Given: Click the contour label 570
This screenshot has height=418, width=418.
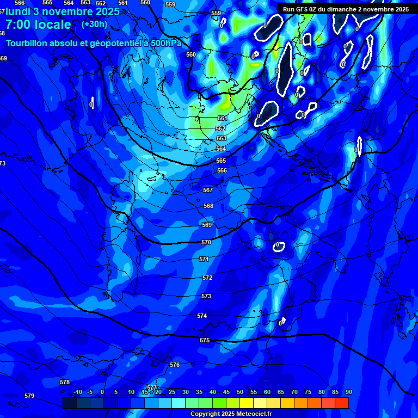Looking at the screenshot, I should (x=206, y=242).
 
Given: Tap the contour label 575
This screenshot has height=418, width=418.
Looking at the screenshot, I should (x=205, y=340).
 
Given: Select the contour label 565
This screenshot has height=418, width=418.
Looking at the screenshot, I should (x=220, y=161).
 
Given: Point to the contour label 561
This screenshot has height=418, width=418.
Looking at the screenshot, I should (x=222, y=118).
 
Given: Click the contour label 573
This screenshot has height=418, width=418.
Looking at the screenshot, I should (x=206, y=297).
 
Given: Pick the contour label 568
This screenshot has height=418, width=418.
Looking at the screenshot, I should (x=208, y=206).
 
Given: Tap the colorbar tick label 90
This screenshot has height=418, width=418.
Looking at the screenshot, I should (x=348, y=392).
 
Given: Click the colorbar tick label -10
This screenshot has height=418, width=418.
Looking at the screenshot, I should (x=77, y=392).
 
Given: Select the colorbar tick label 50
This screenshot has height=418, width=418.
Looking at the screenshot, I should (x=240, y=392).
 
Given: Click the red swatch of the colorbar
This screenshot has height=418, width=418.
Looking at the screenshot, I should (x=341, y=403).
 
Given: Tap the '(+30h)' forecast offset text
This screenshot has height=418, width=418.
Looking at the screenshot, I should (x=94, y=24).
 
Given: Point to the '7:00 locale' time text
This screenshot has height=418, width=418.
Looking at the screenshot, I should (x=38, y=24).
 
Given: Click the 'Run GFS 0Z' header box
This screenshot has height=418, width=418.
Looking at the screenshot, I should (x=346, y=9).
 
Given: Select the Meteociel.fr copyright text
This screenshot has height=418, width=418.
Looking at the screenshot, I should (x=231, y=414).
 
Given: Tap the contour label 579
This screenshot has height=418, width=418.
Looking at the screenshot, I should (x=29, y=396).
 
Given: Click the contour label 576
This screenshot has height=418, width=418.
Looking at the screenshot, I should (x=175, y=365).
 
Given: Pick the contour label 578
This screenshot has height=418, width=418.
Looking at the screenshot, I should (x=65, y=383).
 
